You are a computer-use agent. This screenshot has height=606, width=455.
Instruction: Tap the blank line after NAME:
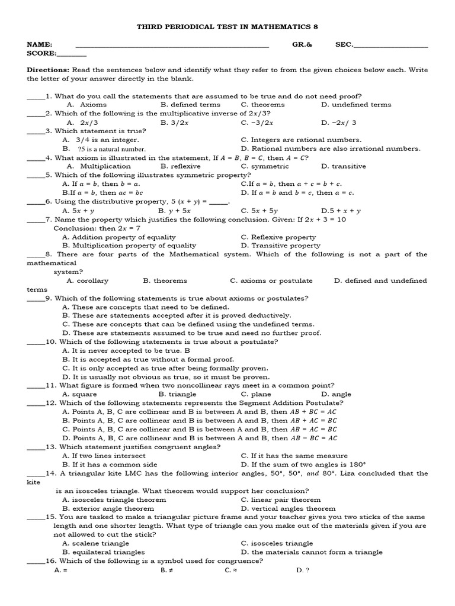click(x=172, y=45)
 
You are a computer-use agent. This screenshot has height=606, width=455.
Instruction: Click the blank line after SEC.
click(x=390, y=45)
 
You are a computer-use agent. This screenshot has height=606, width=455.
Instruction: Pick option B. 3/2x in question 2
click(x=174, y=123)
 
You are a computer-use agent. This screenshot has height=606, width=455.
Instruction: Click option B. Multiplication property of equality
click(x=129, y=246)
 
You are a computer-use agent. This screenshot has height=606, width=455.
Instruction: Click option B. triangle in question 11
click(x=174, y=394)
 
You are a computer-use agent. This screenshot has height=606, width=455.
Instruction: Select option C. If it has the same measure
click(x=294, y=456)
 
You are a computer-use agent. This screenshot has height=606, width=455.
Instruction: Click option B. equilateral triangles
click(x=103, y=552)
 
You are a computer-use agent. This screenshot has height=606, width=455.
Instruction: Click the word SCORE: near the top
click(x=41, y=53)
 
